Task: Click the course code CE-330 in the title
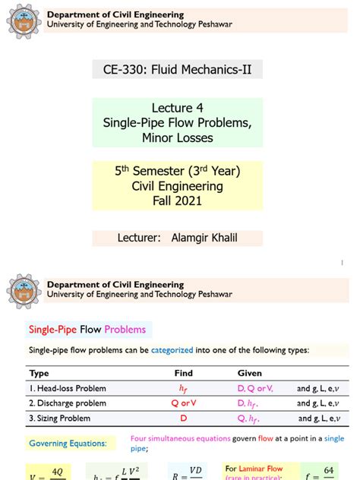click(x=125, y=71)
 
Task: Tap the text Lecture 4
click(x=177, y=108)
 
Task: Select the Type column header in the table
click(x=39, y=373)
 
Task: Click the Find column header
click(x=182, y=373)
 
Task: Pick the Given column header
click(x=250, y=373)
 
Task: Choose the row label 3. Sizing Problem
click(x=61, y=418)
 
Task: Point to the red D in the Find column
click(x=182, y=418)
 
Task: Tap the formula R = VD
click(x=185, y=472)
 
